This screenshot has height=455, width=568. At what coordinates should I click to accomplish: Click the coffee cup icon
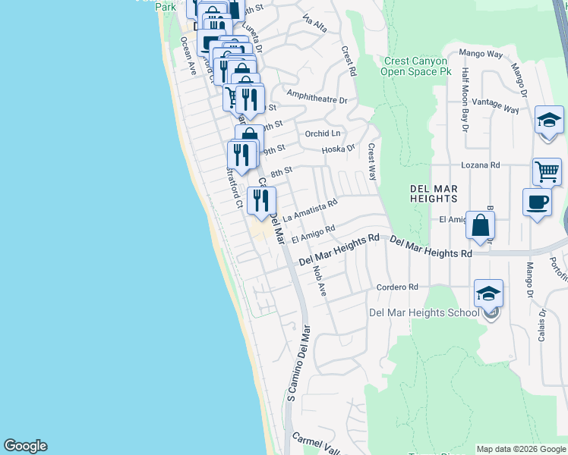coord(538,202)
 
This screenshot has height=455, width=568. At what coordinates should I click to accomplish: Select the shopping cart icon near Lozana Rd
coord(547,172)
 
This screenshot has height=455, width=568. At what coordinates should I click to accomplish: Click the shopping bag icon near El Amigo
coord(480,225)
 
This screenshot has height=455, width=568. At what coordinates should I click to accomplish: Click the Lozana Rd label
coord(481,165)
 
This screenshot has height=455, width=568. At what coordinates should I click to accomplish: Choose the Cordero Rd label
coord(397,287)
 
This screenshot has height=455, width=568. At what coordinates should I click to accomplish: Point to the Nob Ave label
coord(319,280)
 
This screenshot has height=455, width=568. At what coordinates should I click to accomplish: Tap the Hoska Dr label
coord(338,149)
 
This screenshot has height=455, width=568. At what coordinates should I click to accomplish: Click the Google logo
coord(25,446)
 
